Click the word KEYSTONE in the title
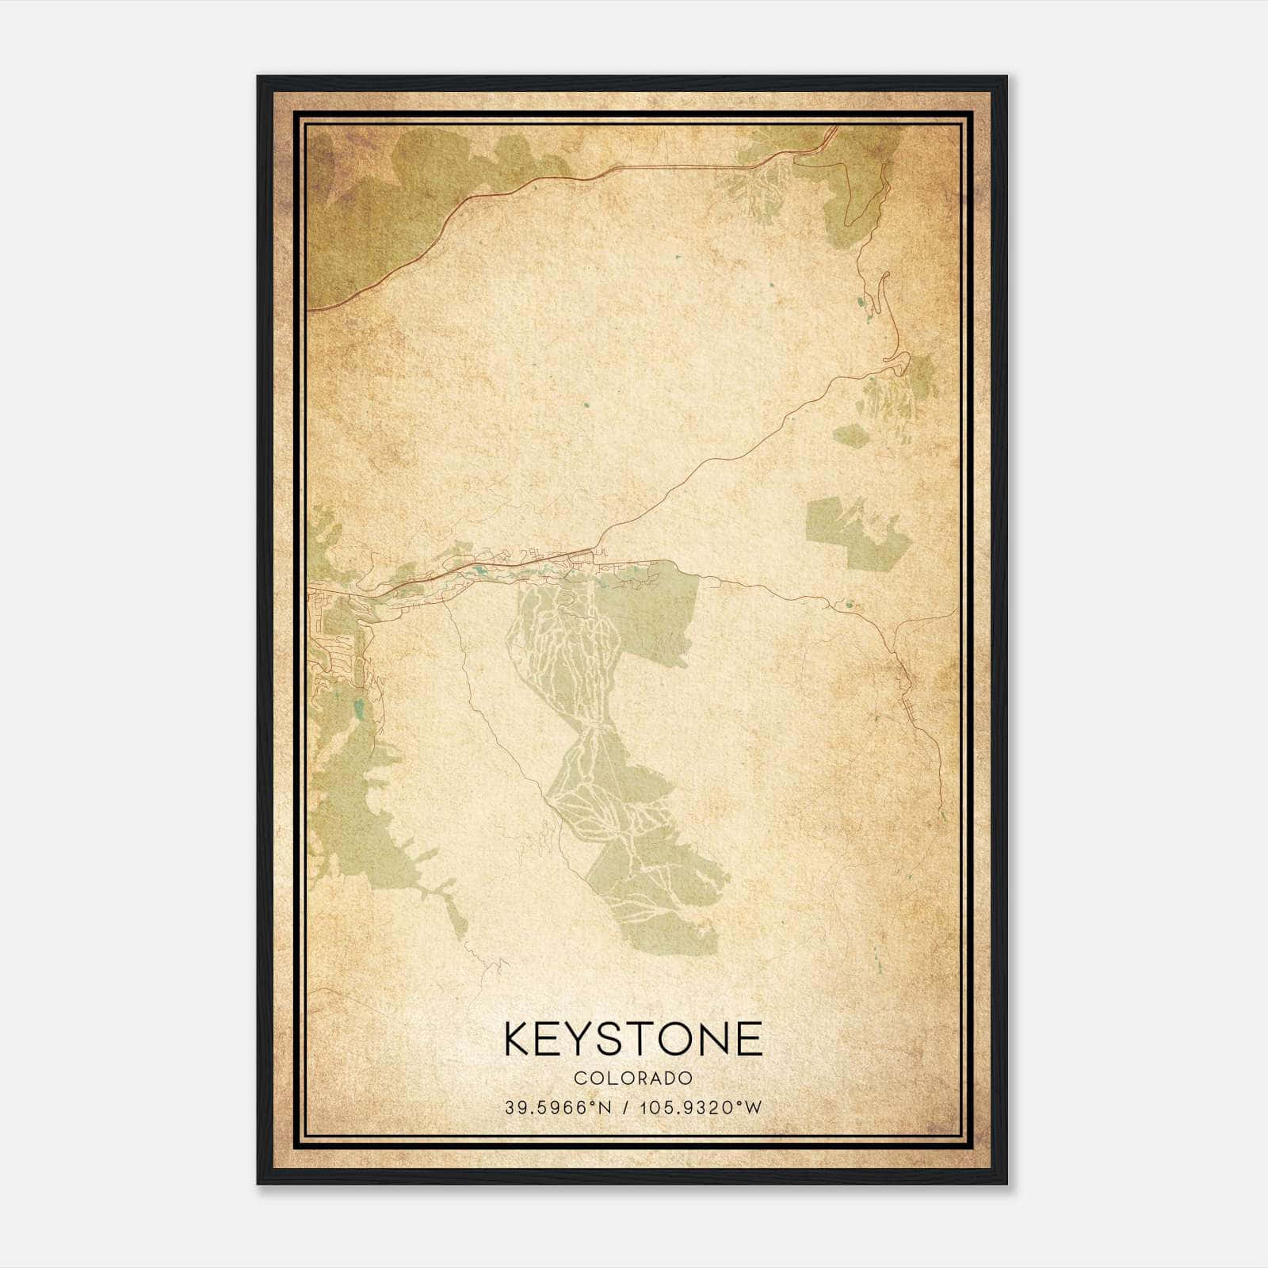pos(633,1039)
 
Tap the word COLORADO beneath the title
pos(633,1079)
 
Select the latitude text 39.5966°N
pos(558,1108)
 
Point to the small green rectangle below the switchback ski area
pos(850,435)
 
